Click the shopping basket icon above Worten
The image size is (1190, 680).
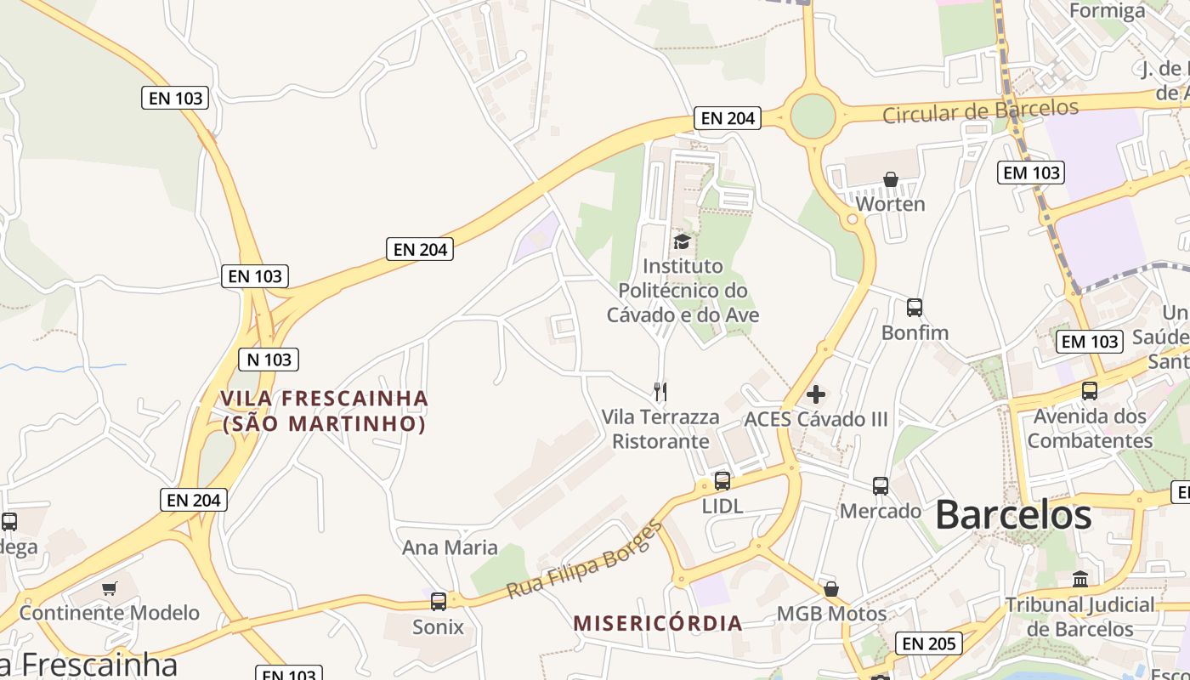click(891, 179)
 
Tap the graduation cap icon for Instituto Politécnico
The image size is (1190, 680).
click(682, 242)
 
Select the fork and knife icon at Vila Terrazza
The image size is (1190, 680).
click(660, 391)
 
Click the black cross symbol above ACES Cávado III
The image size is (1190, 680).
click(816, 394)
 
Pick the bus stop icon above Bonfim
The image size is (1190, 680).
click(915, 308)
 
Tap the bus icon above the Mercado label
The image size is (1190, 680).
click(881, 486)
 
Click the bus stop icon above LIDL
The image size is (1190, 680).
click(722, 481)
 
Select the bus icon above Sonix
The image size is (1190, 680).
click(439, 602)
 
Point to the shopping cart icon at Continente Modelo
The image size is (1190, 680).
click(110, 588)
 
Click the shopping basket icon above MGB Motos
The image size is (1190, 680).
click(831, 589)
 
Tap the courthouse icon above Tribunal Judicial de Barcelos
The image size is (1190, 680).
click(1080, 580)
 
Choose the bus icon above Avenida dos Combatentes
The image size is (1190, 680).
click(1090, 391)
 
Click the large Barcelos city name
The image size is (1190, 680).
click(1013, 515)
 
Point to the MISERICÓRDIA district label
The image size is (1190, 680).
click(658, 623)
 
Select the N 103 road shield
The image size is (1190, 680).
click(269, 360)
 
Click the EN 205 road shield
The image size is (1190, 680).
click(929, 643)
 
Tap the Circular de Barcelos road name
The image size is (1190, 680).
click(981, 110)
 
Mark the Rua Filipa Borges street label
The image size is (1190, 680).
click(584, 561)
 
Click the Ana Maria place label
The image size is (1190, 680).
click(450, 547)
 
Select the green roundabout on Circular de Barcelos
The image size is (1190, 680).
click(813, 116)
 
